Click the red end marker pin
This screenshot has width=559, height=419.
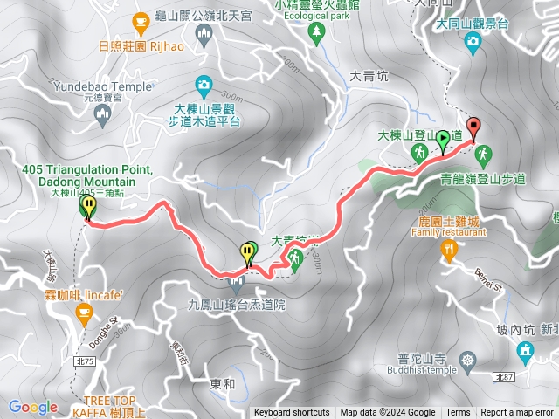tap(473, 127)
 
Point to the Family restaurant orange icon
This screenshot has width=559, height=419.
tap(449, 251)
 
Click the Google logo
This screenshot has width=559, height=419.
tap(33, 407)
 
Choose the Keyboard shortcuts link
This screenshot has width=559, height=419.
tap(292, 413)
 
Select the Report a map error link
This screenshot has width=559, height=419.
tap(517, 413)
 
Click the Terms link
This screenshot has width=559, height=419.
tap(458, 413)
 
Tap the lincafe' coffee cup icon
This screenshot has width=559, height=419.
tap(84, 313)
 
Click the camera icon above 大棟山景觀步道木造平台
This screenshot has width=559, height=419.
tap(204, 84)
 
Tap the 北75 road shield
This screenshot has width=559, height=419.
tap(85, 336)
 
